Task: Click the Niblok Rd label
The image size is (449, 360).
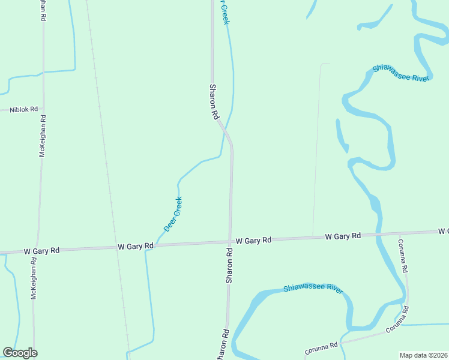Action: coord(23,110)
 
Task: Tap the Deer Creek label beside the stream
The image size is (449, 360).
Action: coord(173,214)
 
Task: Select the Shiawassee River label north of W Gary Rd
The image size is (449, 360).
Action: coord(401,73)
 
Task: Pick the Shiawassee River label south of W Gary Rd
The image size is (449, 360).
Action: coord(313,289)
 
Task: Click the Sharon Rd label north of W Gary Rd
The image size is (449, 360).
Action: coord(213,101)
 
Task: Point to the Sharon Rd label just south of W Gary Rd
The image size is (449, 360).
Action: coord(229,265)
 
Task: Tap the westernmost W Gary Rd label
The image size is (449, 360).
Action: coord(41,250)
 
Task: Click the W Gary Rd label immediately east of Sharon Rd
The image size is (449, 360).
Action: coord(253,240)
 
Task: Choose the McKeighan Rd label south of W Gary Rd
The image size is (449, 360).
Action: coord(34,279)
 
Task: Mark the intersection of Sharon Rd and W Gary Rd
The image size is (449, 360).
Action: coord(229,242)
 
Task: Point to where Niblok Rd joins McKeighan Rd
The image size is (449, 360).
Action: coord(43,110)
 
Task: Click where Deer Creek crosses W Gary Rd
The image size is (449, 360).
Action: coord(155,245)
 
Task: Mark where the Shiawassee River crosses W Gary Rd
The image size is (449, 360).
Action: coord(378,235)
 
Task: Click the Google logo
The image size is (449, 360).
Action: coord(20,353)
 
